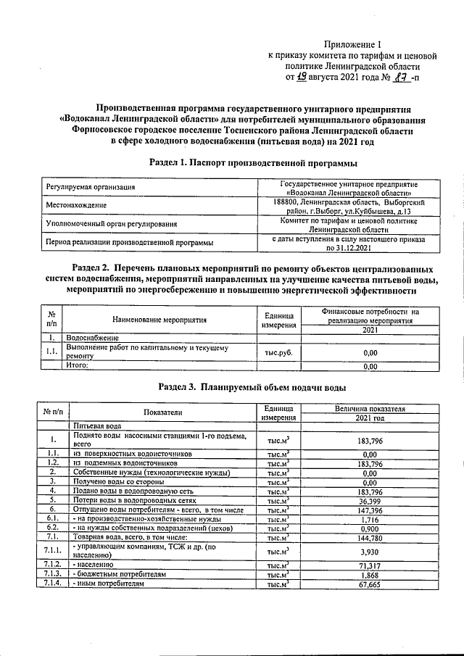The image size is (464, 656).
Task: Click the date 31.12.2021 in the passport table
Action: [x=349, y=248]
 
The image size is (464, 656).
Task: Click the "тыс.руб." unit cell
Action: [x=279, y=353]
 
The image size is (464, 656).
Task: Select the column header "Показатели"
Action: [x=162, y=412]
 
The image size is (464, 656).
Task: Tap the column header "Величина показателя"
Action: [x=370, y=409]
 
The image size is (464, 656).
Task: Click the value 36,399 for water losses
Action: [x=370, y=500]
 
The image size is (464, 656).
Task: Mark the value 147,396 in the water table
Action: [x=370, y=510]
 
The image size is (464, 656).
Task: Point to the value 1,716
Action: [x=370, y=519]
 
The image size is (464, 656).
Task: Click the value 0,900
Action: [x=370, y=528]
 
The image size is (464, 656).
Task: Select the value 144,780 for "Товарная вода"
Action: [x=370, y=538]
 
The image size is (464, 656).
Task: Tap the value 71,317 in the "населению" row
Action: [x=370, y=564]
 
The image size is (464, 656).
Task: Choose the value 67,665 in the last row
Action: [x=370, y=583]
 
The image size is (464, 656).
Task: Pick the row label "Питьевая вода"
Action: [x=95, y=426]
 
